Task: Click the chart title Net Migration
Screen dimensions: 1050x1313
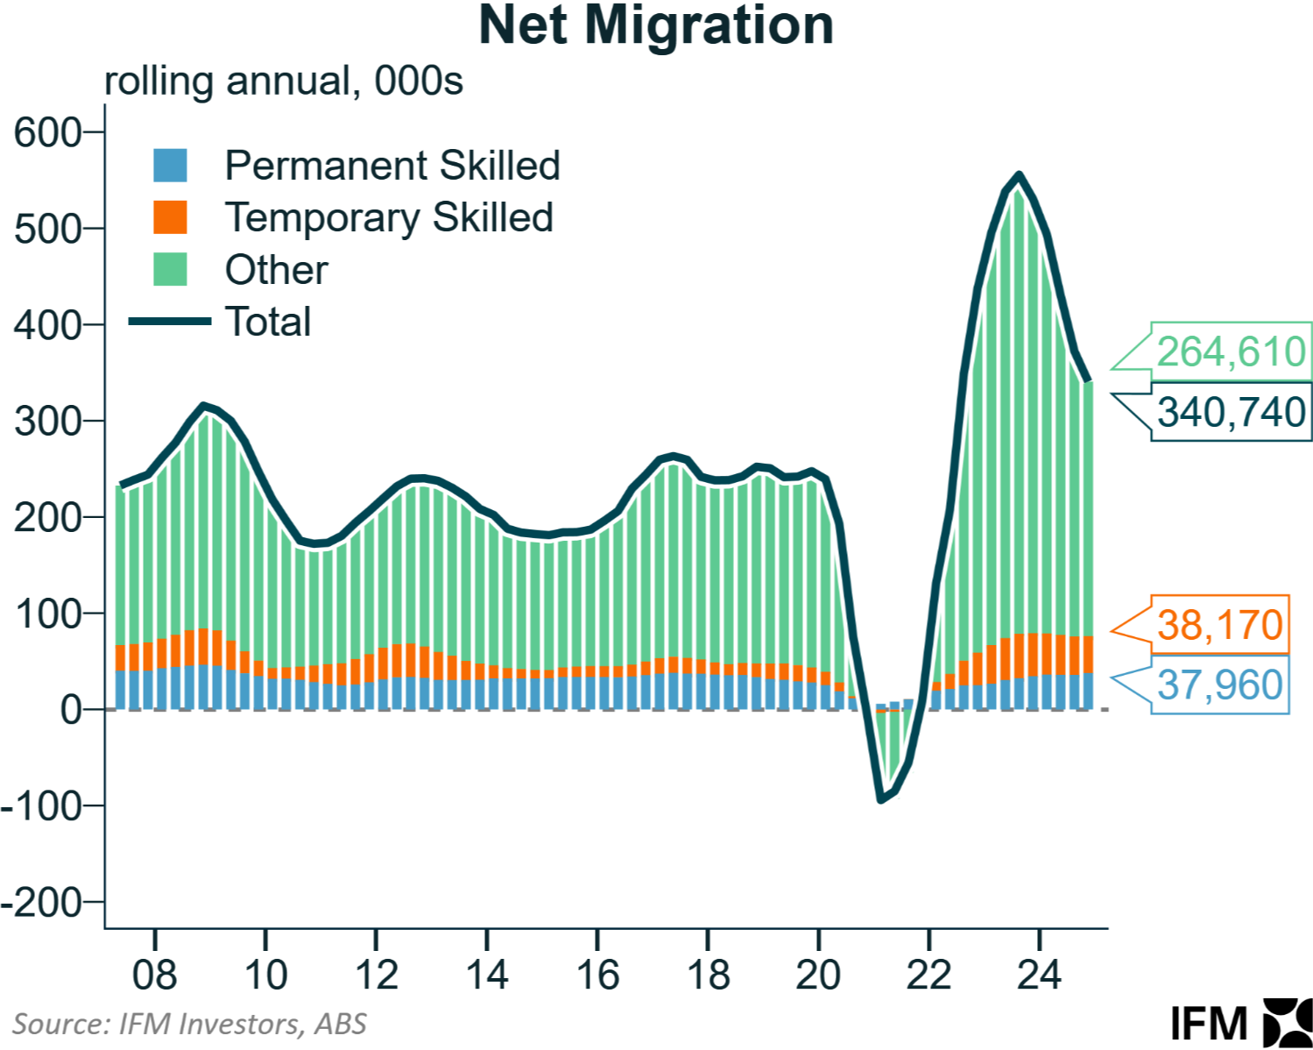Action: pyautogui.click(x=656, y=25)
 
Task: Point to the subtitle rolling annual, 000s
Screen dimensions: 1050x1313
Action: pyautogui.click(x=283, y=82)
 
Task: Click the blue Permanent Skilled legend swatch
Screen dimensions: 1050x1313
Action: pyautogui.click(x=170, y=165)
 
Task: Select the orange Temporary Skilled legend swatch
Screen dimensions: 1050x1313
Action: pyautogui.click(x=170, y=217)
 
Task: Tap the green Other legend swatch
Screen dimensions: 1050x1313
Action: pyautogui.click(x=170, y=269)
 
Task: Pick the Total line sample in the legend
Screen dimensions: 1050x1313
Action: pyautogui.click(x=170, y=321)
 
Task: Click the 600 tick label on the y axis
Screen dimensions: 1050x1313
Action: pyautogui.click(x=47, y=133)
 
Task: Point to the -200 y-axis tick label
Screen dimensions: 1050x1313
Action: pyautogui.click(x=41, y=902)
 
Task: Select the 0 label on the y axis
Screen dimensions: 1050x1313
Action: pyautogui.click(x=70, y=710)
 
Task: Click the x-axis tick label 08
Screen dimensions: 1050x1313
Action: pyautogui.click(x=154, y=976)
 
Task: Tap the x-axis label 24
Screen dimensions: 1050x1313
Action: pyautogui.click(x=1039, y=976)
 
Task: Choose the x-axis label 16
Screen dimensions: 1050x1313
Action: pyautogui.click(x=597, y=976)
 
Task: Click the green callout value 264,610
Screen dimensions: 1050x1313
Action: pyautogui.click(x=1231, y=352)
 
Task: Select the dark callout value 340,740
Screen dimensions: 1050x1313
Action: pyautogui.click(x=1231, y=412)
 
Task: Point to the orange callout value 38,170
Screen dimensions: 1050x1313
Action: pyautogui.click(x=1219, y=626)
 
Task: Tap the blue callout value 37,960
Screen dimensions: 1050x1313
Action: pyautogui.click(x=1219, y=685)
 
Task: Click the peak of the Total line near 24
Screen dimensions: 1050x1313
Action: pyautogui.click(x=1019, y=174)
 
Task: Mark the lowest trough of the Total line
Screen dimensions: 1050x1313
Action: pyautogui.click(x=880, y=800)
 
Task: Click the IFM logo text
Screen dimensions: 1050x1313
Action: pyautogui.click(x=1209, y=1024)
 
